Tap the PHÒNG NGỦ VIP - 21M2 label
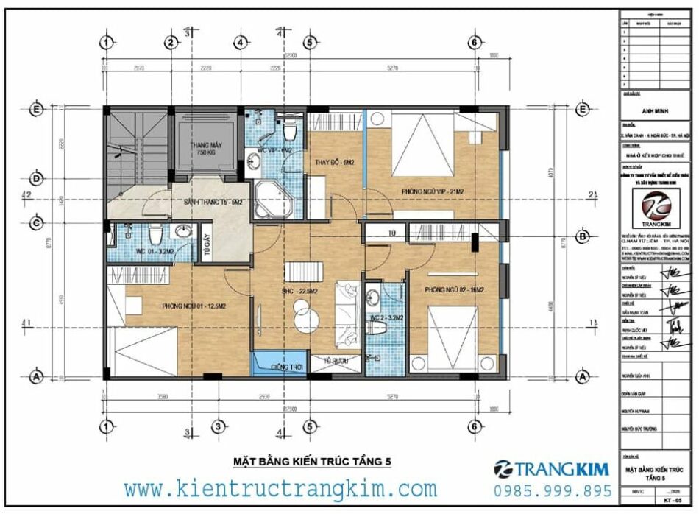coord(433,191)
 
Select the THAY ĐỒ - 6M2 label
coord(335,163)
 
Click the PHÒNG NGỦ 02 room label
coord(454,291)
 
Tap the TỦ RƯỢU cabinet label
coord(336,362)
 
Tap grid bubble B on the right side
coord(582,236)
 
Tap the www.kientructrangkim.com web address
coord(280,488)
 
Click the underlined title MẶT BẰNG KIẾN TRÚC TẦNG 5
coord(311,462)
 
